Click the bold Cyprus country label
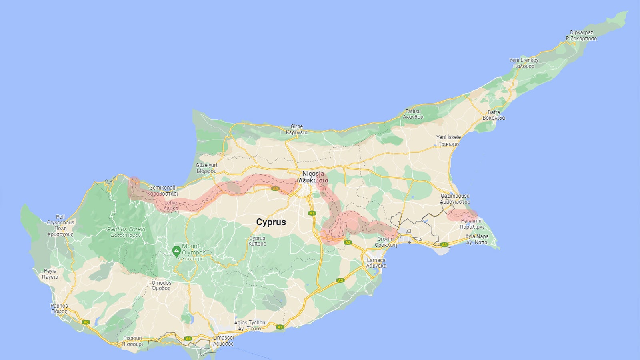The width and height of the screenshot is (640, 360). (x=271, y=222)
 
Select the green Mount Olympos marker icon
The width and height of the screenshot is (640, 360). (x=176, y=252)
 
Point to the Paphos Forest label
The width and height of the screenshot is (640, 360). (x=126, y=230)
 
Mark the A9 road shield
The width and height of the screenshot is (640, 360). (x=275, y=188)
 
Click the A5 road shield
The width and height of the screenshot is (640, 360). (x=340, y=280)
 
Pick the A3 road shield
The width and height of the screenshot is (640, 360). (x=444, y=244)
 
